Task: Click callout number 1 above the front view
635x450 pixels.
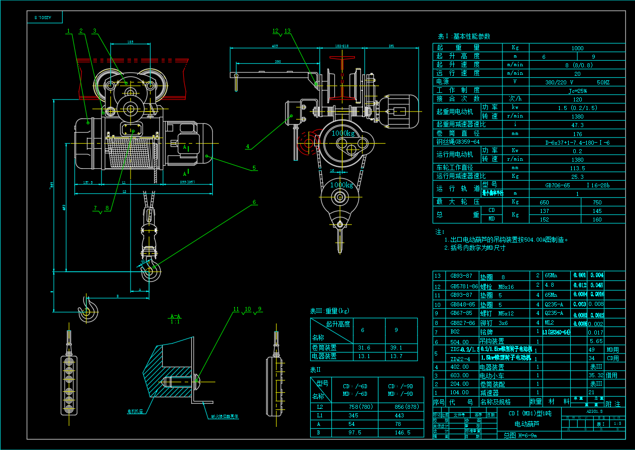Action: pyautogui.click(x=68, y=31)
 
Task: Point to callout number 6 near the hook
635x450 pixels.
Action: pyautogui.click(x=254, y=202)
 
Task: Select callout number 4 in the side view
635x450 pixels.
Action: pyautogui.click(x=247, y=147)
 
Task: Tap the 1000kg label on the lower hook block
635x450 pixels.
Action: pyautogui.click(x=341, y=185)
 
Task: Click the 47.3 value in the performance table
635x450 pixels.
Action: pyautogui.click(x=577, y=125)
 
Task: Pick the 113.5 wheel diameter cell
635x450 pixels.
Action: pyautogui.click(x=577, y=168)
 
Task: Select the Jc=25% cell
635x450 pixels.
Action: pyautogui.click(x=577, y=91)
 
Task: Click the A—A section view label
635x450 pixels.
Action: pyautogui.click(x=175, y=316)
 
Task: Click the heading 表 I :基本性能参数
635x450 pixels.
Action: pyautogui.click(x=464, y=36)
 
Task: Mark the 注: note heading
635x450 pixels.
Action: pyautogui.click(x=440, y=232)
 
